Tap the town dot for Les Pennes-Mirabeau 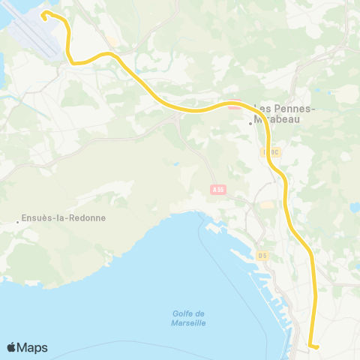tap(250, 124)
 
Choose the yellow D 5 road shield tap(262, 256)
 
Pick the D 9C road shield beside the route tap(271, 151)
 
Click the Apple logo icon tap(13, 347)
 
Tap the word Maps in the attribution tap(34, 347)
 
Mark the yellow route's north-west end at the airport tap(43, 13)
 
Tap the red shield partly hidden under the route tap(229, 106)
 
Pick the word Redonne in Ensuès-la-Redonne tap(86, 218)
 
